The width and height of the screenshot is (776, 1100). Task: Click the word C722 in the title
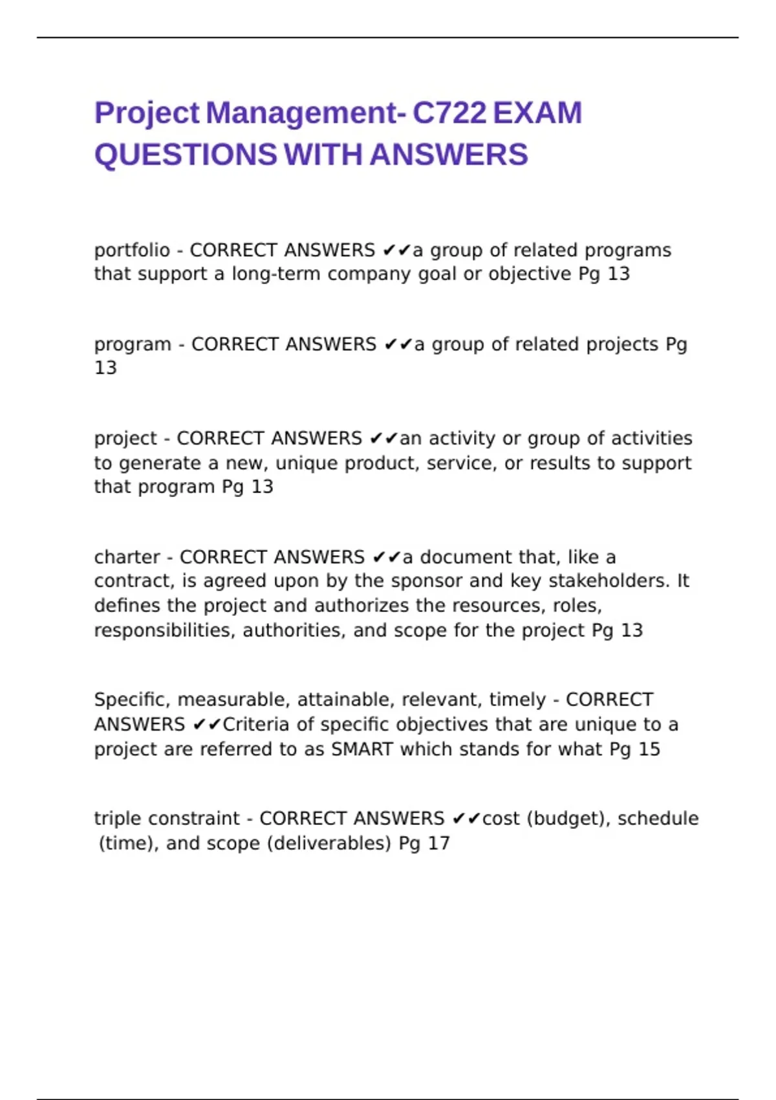click(449, 113)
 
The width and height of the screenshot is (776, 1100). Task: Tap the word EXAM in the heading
click(537, 113)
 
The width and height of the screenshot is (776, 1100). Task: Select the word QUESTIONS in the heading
click(186, 155)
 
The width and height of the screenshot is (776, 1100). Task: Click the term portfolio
click(132, 250)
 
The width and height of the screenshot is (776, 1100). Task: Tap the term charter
click(127, 557)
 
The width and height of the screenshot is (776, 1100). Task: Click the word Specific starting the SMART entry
click(132, 700)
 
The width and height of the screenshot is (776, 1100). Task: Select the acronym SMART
click(362, 749)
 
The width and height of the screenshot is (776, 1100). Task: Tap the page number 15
click(649, 749)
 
